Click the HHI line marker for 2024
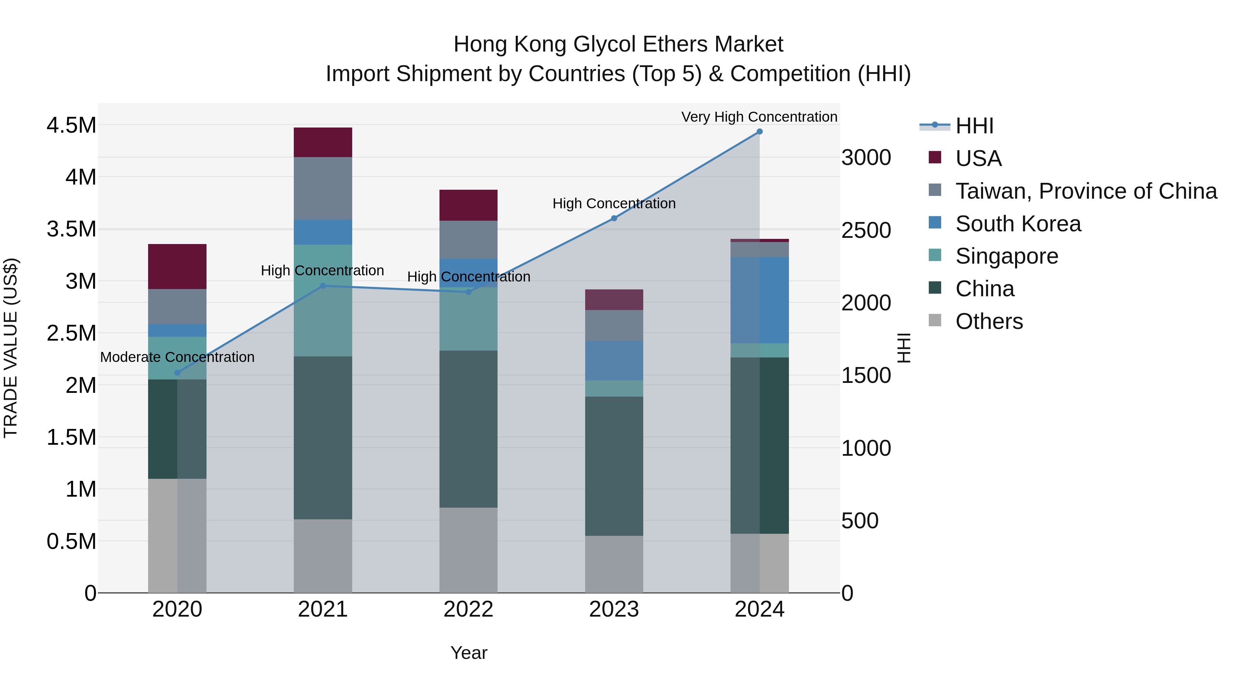click(759, 132)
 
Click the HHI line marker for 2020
click(177, 373)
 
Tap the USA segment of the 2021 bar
click(323, 142)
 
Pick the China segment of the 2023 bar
click(614, 466)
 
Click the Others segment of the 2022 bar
click(468, 550)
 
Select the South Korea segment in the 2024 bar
click(759, 300)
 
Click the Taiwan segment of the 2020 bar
click(177, 307)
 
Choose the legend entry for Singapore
click(1006, 256)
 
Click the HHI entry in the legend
click(974, 126)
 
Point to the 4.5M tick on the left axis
click(71, 125)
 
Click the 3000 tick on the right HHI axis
click(866, 157)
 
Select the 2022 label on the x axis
click(468, 609)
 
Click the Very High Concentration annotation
click(759, 117)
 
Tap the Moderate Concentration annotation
click(177, 357)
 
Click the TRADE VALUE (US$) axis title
click(11, 348)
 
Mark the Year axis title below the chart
click(469, 653)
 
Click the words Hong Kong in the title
click(510, 44)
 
